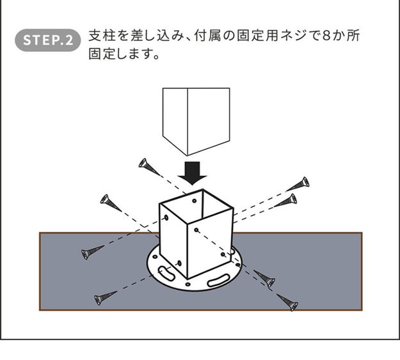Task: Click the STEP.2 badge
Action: [x=48, y=40]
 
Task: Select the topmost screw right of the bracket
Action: [x=298, y=185]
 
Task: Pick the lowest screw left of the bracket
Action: [x=106, y=296]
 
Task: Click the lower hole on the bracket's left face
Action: [x=180, y=263]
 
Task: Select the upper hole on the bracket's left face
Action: [x=166, y=218]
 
